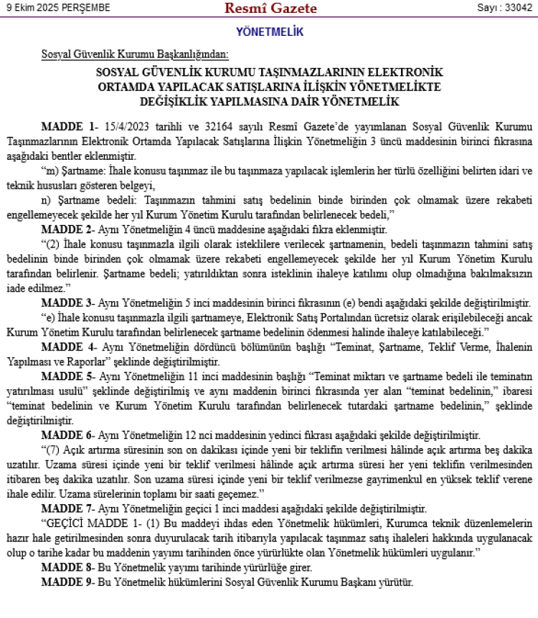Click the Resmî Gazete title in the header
270,9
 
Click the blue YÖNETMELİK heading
270,32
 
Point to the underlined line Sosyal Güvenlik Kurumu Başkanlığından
135,54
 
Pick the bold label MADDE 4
68,348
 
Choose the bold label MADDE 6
68,435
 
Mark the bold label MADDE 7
68,508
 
